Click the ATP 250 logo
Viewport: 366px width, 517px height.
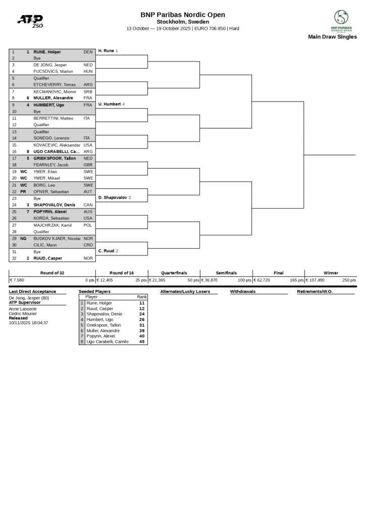click(30, 21)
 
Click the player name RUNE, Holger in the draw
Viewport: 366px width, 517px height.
click(47, 52)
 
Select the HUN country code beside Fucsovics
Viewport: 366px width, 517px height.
click(88, 72)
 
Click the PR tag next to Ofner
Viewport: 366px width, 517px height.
click(23, 191)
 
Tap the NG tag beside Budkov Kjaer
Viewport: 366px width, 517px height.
click(23, 238)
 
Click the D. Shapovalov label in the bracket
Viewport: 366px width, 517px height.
click(113, 197)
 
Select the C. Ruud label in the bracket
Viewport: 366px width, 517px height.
click(106, 250)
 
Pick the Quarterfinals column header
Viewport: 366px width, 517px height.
click(174, 273)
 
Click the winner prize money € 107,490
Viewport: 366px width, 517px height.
click(317, 280)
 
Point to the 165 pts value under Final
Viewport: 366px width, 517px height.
click(297, 280)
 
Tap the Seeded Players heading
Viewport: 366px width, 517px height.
click(94, 292)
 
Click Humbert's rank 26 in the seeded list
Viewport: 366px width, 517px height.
click(142, 320)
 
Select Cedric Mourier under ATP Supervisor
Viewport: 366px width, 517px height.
click(23, 314)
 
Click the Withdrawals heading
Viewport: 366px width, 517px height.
click(242, 292)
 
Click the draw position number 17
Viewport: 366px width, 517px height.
click(14, 158)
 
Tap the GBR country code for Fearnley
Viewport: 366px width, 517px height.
click(88, 165)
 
